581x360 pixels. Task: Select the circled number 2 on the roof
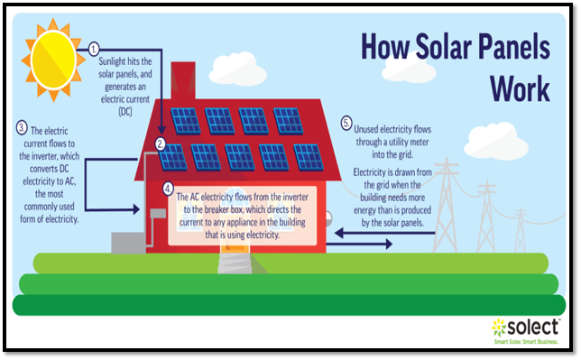pyautogui.click(x=160, y=143)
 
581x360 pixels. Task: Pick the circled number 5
pyautogui.click(x=346, y=122)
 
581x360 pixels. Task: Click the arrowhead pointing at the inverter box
pyautogui.click(x=136, y=211)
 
